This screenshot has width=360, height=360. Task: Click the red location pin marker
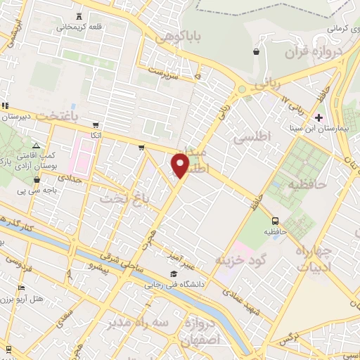[x=181, y=167]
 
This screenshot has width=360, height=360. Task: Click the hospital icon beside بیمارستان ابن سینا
[x=319, y=117]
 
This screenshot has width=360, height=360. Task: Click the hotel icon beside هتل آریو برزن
[x=21, y=288]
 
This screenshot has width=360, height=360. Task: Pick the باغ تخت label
[x=116, y=198]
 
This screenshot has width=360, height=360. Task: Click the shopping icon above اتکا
[x=96, y=123]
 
